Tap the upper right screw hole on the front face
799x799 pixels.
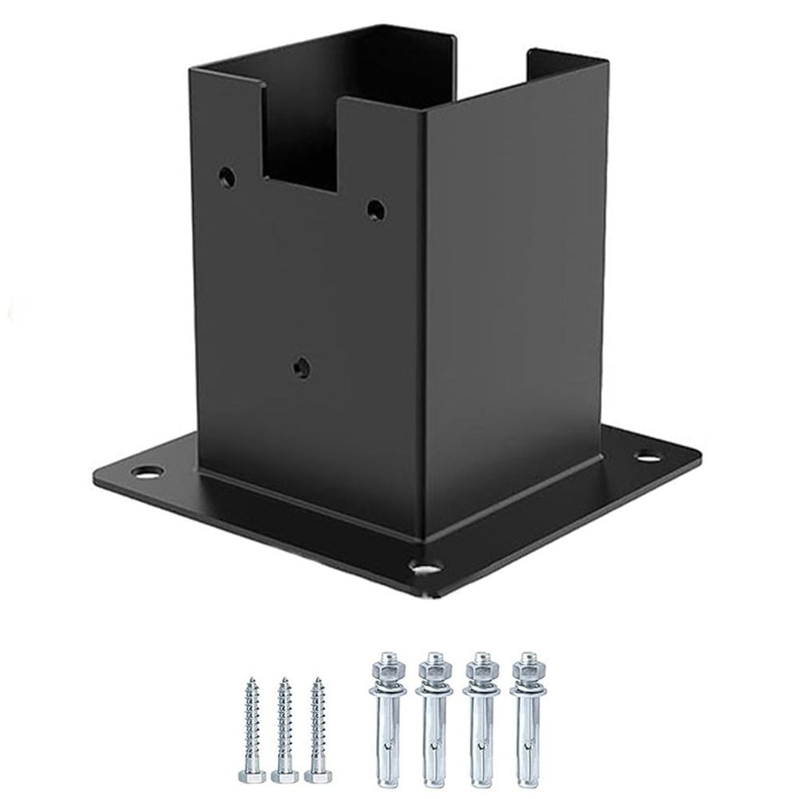(375, 210)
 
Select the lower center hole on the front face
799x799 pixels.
(301, 368)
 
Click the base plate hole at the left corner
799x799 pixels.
(146, 472)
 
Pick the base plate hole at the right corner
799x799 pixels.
(647, 457)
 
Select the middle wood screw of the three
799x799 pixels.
(283, 726)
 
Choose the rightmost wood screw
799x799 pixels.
(318, 726)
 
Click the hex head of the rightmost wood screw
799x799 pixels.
(318, 775)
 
